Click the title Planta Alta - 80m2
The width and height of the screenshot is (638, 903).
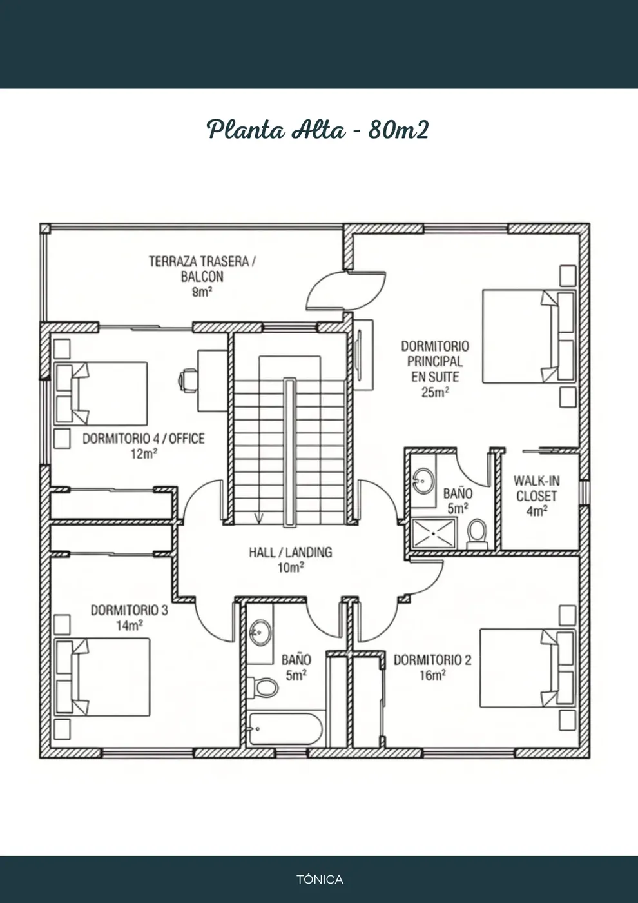tap(318, 130)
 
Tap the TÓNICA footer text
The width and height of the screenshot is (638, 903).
tap(320, 879)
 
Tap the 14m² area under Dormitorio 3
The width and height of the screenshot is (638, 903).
tap(130, 625)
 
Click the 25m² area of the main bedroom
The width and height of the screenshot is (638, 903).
tap(435, 392)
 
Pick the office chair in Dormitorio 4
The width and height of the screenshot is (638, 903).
tap(188, 380)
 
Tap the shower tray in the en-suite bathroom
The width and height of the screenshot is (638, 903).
tap(433, 533)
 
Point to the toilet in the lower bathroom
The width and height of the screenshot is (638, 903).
tap(262, 686)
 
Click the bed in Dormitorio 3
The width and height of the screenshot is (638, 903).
tap(102, 677)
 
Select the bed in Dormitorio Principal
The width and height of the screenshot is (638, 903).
tap(529, 336)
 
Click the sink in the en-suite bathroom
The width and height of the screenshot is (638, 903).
tap(424, 481)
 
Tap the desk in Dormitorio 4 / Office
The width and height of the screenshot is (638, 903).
tap(212, 381)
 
